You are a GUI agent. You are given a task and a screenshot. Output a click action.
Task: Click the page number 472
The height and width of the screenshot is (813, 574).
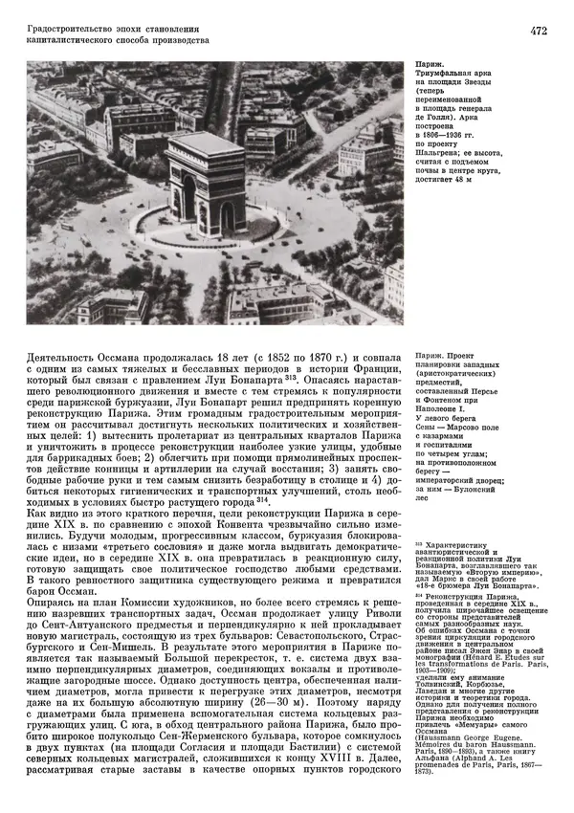click(x=538, y=33)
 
